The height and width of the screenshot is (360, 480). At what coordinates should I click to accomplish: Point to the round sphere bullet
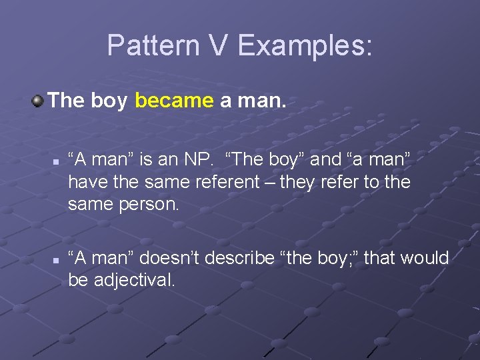(38, 101)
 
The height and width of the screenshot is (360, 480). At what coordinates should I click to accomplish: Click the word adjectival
(134, 280)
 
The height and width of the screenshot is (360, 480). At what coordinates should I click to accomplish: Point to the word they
(303, 182)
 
